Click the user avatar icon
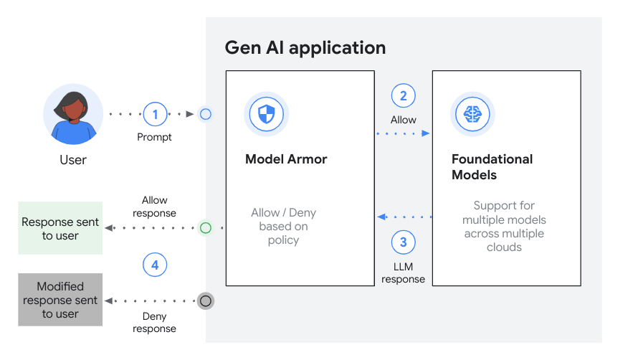pyautogui.click(x=72, y=114)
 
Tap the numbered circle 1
pyautogui.click(x=155, y=114)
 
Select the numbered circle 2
pyautogui.click(x=404, y=96)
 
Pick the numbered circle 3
pyautogui.click(x=404, y=242)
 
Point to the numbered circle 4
pyautogui.click(x=155, y=265)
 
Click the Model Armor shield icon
pyautogui.click(x=266, y=114)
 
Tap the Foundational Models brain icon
pyautogui.click(x=472, y=114)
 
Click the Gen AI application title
pyautogui.click(x=305, y=48)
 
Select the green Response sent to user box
pyautogui.click(x=60, y=228)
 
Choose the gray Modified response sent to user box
pyautogui.click(x=60, y=300)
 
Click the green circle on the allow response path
pyautogui.click(x=206, y=228)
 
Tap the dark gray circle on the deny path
pyautogui.click(x=206, y=301)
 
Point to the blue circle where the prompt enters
pyautogui.click(x=206, y=114)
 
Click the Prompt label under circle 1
pyautogui.click(x=155, y=137)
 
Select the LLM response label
pyautogui.click(x=404, y=273)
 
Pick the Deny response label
pyautogui.click(x=155, y=322)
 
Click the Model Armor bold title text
pyautogui.click(x=286, y=159)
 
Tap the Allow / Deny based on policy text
pyautogui.click(x=283, y=226)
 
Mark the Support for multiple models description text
pyautogui.click(x=504, y=226)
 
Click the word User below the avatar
pyautogui.click(x=72, y=160)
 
